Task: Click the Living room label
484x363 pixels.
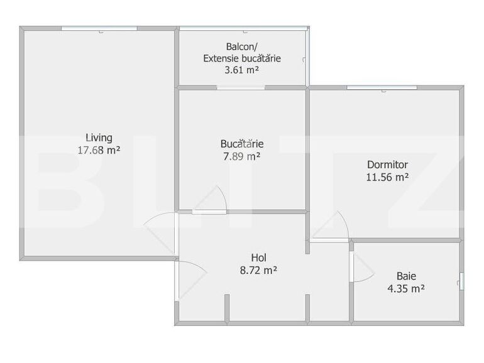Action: [99, 138]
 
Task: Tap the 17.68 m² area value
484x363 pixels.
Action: [99, 150]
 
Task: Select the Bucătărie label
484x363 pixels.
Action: [242, 143]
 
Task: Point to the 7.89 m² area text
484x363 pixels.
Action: [242, 156]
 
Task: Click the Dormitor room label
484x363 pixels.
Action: [388, 165]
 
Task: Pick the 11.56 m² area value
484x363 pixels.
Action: [388, 177]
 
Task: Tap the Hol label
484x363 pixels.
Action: [258, 257]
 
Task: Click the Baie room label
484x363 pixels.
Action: [406, 275]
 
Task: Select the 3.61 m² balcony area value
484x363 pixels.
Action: [242, 70]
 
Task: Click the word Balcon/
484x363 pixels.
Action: [242, 46]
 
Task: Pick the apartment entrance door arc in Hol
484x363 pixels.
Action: [192, 278]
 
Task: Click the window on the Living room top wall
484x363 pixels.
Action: [99, 28]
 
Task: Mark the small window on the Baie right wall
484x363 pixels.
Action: [461, 281]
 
